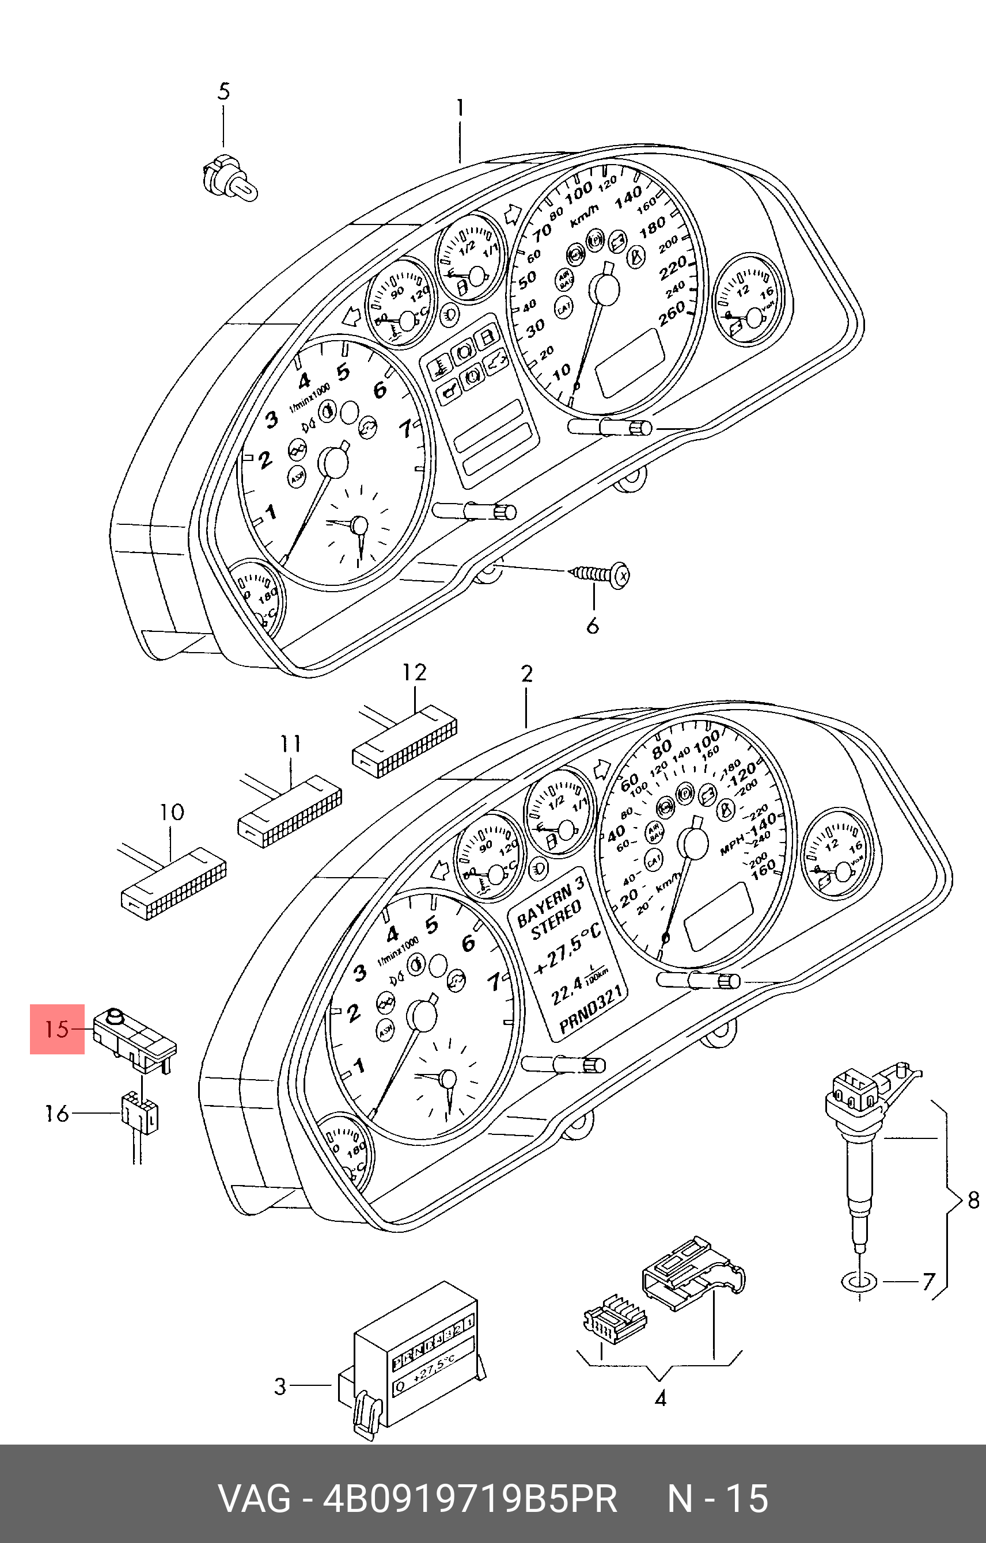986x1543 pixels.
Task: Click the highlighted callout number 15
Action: tap(57, 1029)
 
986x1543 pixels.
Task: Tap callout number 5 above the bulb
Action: tap(223, 92)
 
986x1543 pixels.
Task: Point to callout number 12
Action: tap(414, 672)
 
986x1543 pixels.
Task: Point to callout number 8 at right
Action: tap(973, 1199)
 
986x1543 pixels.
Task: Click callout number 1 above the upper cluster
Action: tap(460, 108)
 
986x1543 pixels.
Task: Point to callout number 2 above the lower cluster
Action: tap(526, 673)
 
